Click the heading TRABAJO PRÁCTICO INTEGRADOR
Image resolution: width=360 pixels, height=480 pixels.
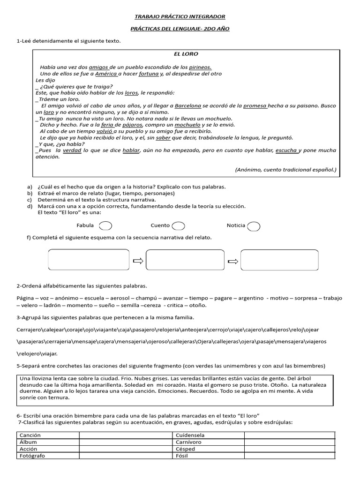coord(180,17)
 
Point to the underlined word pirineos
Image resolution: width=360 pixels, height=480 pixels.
coord(201,67)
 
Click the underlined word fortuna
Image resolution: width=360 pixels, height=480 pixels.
coord(149,74)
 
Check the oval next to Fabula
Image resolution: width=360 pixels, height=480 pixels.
coord(105,226)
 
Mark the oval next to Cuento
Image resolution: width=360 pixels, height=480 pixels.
coord(178,226)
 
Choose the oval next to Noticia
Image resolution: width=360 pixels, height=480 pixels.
coord(254,226)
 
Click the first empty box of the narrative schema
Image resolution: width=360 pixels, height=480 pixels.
coord(89,260)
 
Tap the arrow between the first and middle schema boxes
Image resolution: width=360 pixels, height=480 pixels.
coord(138,261)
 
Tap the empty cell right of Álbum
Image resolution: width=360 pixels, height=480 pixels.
coord(126,442)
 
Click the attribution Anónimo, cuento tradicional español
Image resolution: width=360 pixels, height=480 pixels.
coord(285,170)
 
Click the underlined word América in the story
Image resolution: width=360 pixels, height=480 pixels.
coord(106,74)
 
